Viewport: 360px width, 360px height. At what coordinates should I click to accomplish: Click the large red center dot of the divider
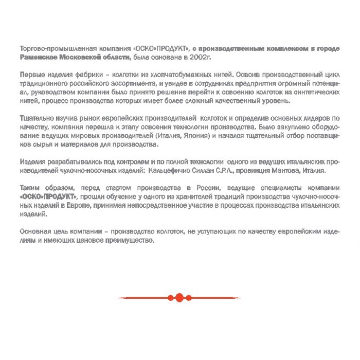click(179, 297)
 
